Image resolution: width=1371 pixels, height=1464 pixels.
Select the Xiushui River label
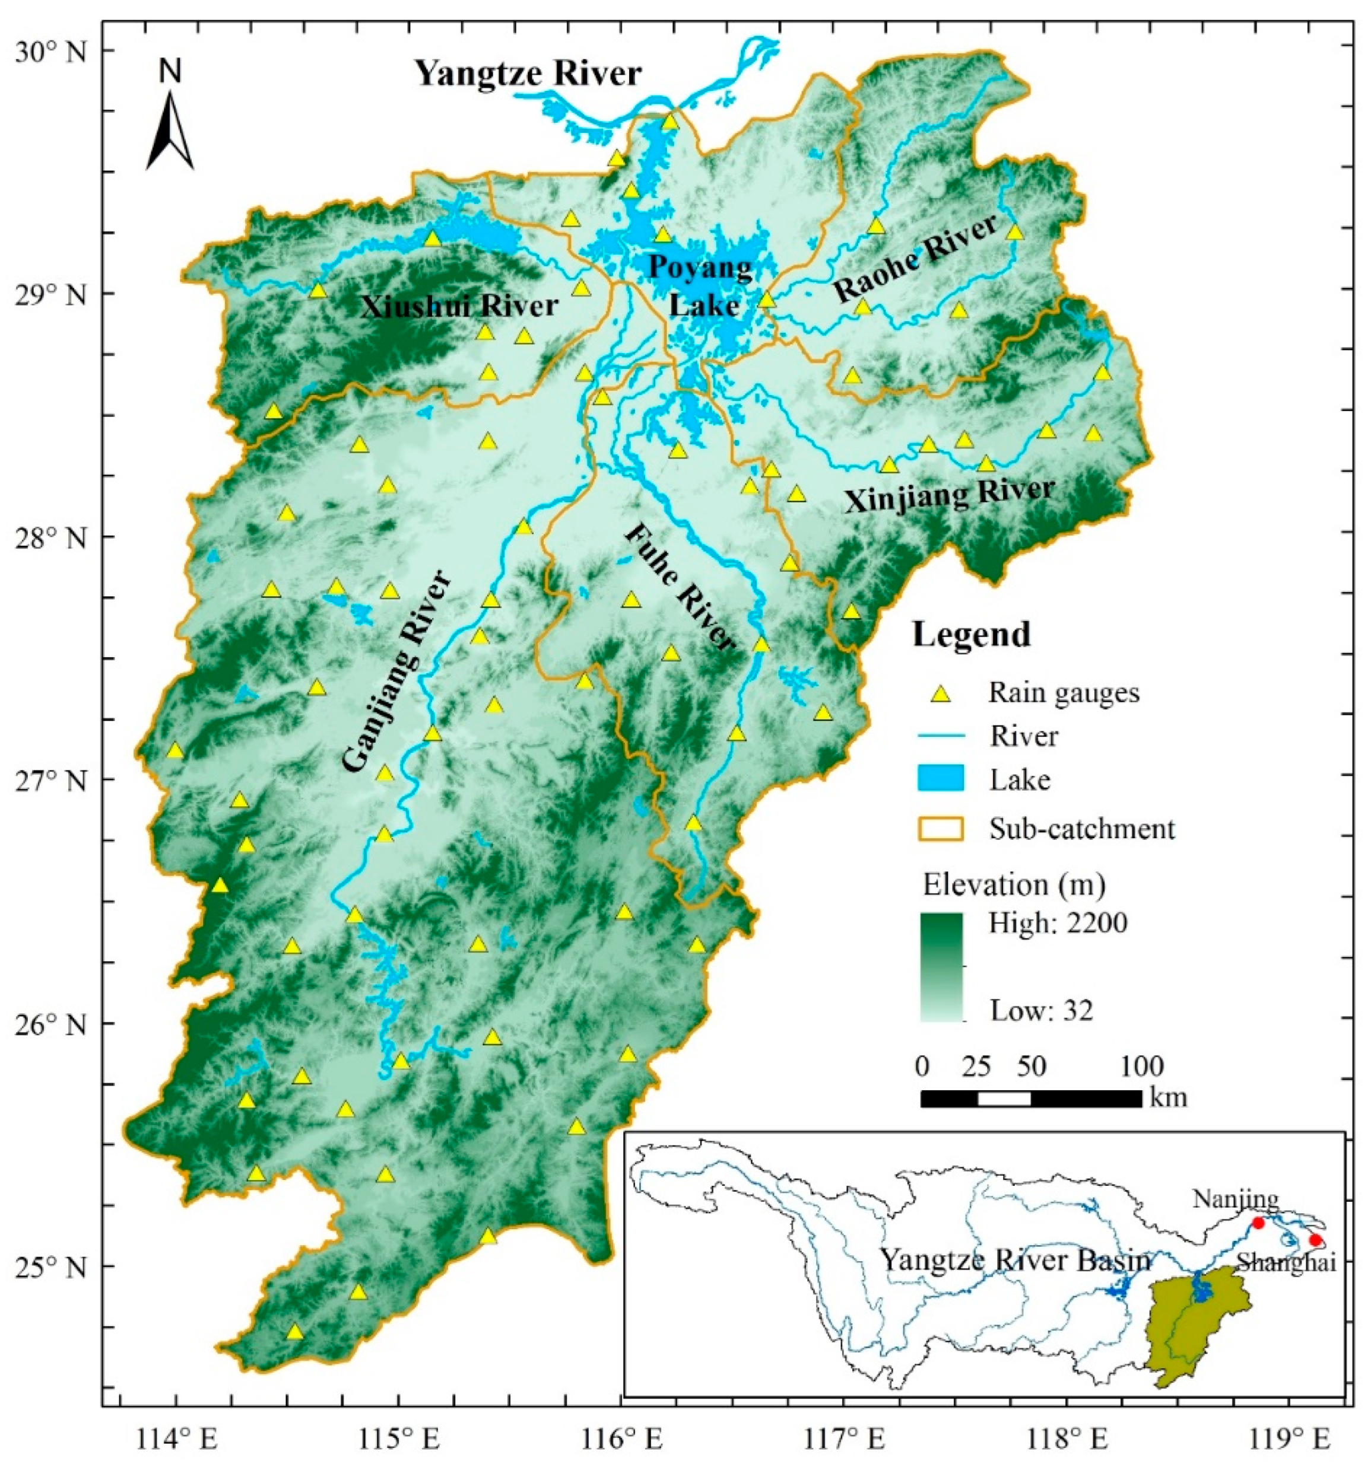459,306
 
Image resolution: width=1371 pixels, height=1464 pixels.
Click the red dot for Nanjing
1258,1223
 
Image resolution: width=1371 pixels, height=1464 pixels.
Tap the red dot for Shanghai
1315,1240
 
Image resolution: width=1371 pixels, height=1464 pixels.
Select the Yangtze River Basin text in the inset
1015,1261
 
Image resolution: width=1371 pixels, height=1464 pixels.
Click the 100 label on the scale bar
1142,1067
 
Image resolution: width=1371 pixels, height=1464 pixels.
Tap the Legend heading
971,635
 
